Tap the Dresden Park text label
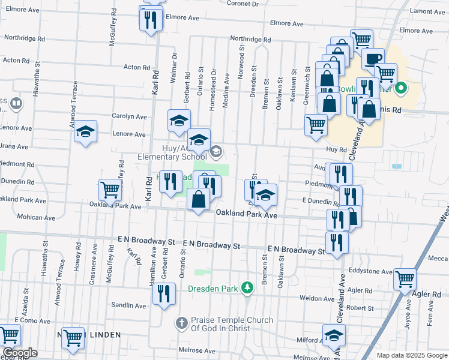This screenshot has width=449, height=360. pos(213,289)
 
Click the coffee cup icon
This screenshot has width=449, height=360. pos(373,59)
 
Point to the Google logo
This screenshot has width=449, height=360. pos(20,353)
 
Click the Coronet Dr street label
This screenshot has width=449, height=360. pos(243,4)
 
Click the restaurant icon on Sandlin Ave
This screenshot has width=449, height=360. pos(164,293)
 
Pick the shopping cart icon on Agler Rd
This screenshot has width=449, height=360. pos(405,278)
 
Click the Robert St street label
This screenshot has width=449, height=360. pos(360,308)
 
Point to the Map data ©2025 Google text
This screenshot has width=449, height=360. pos(412,355)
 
